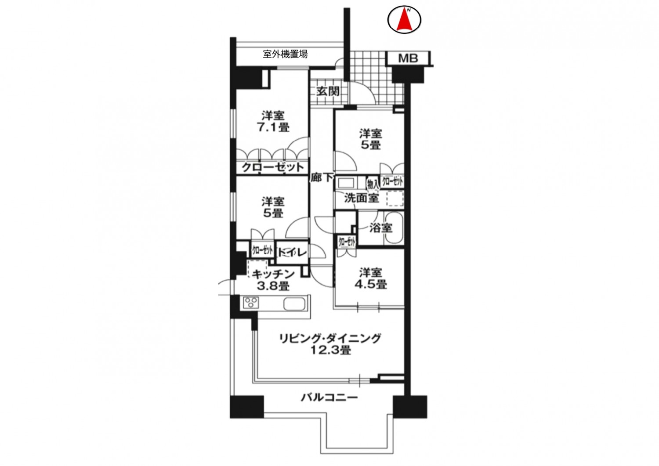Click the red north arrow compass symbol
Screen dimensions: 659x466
pos(404,20)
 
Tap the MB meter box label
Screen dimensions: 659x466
pos(408,58)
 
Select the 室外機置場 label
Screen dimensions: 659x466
pos(285,54)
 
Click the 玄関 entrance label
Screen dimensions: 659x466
pos(328,91)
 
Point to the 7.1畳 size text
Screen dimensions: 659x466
pos(274,127)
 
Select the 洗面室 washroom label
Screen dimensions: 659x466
pos(361,198)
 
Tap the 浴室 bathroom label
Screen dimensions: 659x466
pos(381,228)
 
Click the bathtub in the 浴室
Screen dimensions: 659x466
pos(394,228)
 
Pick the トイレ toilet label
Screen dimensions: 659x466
pos(293,252)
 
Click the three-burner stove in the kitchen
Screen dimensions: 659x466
pos(251,303)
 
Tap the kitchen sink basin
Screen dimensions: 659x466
pos(294,303)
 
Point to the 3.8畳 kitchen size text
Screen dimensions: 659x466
pos(273,285)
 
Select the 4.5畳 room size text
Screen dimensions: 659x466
pos(371,284)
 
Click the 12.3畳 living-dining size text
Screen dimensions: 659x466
pos(331,350)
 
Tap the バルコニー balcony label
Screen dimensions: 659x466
pos(329,398)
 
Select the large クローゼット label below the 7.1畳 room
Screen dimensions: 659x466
pos(273,167)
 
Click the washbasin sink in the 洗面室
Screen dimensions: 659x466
pos(346,183)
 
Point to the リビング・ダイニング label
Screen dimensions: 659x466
pos(330,338)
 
